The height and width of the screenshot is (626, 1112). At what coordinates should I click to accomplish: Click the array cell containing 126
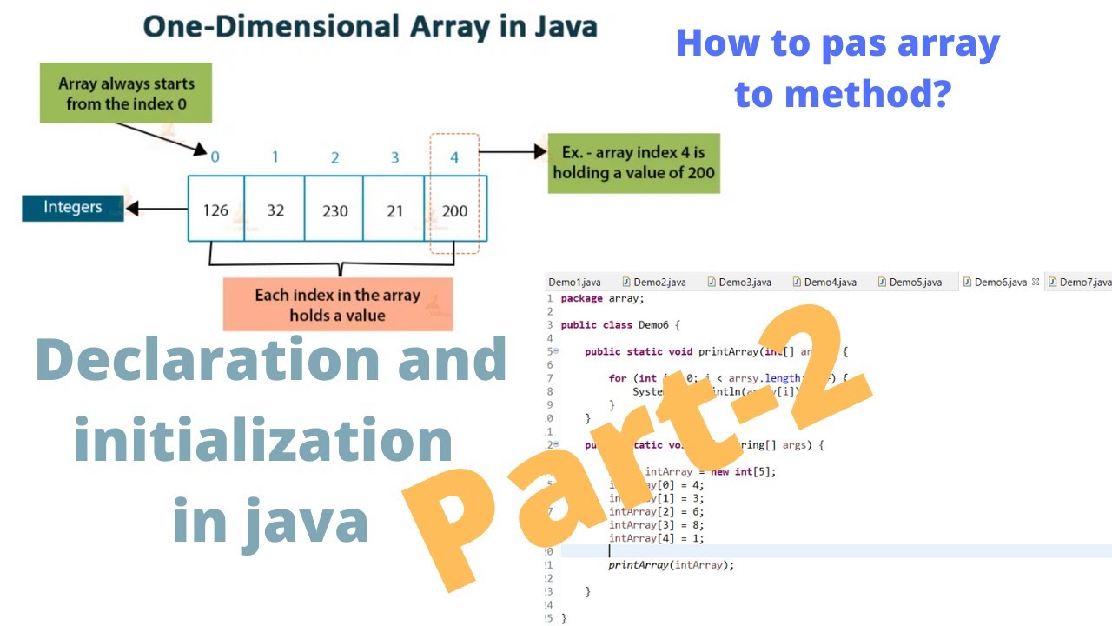[215, 210]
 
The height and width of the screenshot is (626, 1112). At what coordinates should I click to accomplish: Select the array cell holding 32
[275, 210]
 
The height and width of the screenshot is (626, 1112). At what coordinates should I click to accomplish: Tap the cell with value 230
[334, 210]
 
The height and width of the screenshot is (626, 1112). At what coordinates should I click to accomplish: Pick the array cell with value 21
[394, 210]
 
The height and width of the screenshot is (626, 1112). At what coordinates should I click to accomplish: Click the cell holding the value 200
[454, 210]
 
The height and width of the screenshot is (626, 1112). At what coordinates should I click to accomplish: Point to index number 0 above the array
[215, 157]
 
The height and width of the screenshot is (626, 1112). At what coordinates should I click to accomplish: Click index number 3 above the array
[394, 157]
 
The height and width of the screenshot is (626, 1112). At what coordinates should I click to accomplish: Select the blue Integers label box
[73, 208]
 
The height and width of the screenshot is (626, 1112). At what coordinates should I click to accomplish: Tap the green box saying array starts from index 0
[127, 94]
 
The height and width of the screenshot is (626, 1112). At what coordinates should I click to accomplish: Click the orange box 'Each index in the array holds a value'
[338, 304]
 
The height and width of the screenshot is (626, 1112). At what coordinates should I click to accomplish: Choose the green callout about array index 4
[632, 163]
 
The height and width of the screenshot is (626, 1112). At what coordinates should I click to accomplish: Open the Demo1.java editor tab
[574, 282]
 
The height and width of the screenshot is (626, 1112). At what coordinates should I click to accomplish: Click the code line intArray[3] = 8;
[656, 524]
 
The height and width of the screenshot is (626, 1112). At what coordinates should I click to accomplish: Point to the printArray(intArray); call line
[671, 564]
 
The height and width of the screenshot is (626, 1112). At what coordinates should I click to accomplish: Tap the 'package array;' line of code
[602, 298]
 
